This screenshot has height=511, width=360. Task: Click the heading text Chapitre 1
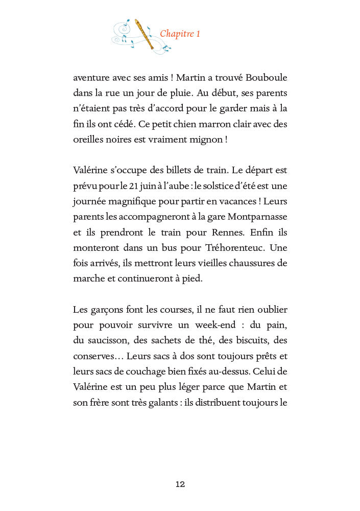pyautogui.click(x=180, y=34)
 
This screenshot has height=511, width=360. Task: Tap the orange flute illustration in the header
pyautogui.click(x=144, y=34)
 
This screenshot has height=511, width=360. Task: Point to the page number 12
pyautogui.click(x=180, y=484)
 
